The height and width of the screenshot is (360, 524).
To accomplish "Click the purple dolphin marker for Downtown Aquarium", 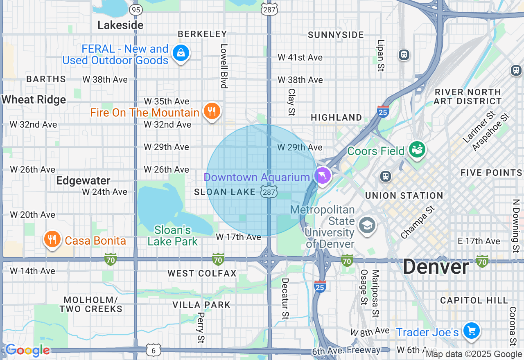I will coord(323,175).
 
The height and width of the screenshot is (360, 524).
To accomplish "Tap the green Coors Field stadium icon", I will coord(417,149).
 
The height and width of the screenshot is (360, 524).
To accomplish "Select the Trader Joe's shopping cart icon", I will coord(471,331).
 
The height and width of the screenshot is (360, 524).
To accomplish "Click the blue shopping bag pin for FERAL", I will coord(180,53).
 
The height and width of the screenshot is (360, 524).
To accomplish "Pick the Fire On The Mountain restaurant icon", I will coord(212,111).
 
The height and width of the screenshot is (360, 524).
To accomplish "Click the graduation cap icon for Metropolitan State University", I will coord(367,225).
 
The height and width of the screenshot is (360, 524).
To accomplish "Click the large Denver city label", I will coord(436,267).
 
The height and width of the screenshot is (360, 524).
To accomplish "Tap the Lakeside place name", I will coord(120,25).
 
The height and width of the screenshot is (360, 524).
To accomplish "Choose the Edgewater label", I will coord(83,180).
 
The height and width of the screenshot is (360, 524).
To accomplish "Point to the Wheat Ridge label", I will coord(34,99).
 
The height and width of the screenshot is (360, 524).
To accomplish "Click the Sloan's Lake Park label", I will coord(172,236).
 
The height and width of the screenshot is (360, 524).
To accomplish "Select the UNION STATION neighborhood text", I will coord(404,196).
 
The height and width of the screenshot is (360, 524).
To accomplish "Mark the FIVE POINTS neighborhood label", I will coord(491,173).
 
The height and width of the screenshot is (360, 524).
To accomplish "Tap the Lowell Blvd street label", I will coord(224,66).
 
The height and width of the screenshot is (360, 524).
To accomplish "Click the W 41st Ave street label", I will coord(300,57).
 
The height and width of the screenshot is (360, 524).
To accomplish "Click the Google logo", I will coord(27,350).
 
